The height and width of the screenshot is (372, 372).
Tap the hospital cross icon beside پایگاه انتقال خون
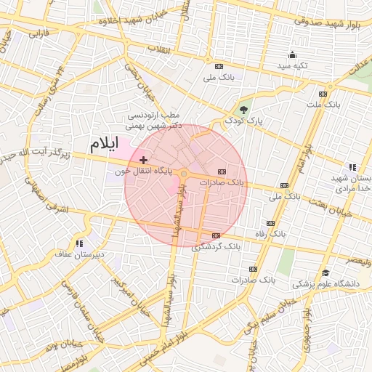(143, 159)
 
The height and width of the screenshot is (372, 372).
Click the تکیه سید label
(292, 66)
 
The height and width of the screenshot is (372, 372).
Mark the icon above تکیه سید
(292, 54)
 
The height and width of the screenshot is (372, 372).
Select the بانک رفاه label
(270, 235)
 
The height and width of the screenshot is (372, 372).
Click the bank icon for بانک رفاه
(271, 223)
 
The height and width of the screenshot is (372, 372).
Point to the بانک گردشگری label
(217, 247)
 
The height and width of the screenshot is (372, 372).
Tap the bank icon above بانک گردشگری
(216, 235)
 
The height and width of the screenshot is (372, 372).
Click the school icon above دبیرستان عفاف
(78, 243)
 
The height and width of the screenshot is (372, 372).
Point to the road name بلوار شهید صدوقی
(326, 21)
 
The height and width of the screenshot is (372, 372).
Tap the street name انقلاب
(158, 49)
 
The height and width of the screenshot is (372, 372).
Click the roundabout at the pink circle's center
(185, 174)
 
